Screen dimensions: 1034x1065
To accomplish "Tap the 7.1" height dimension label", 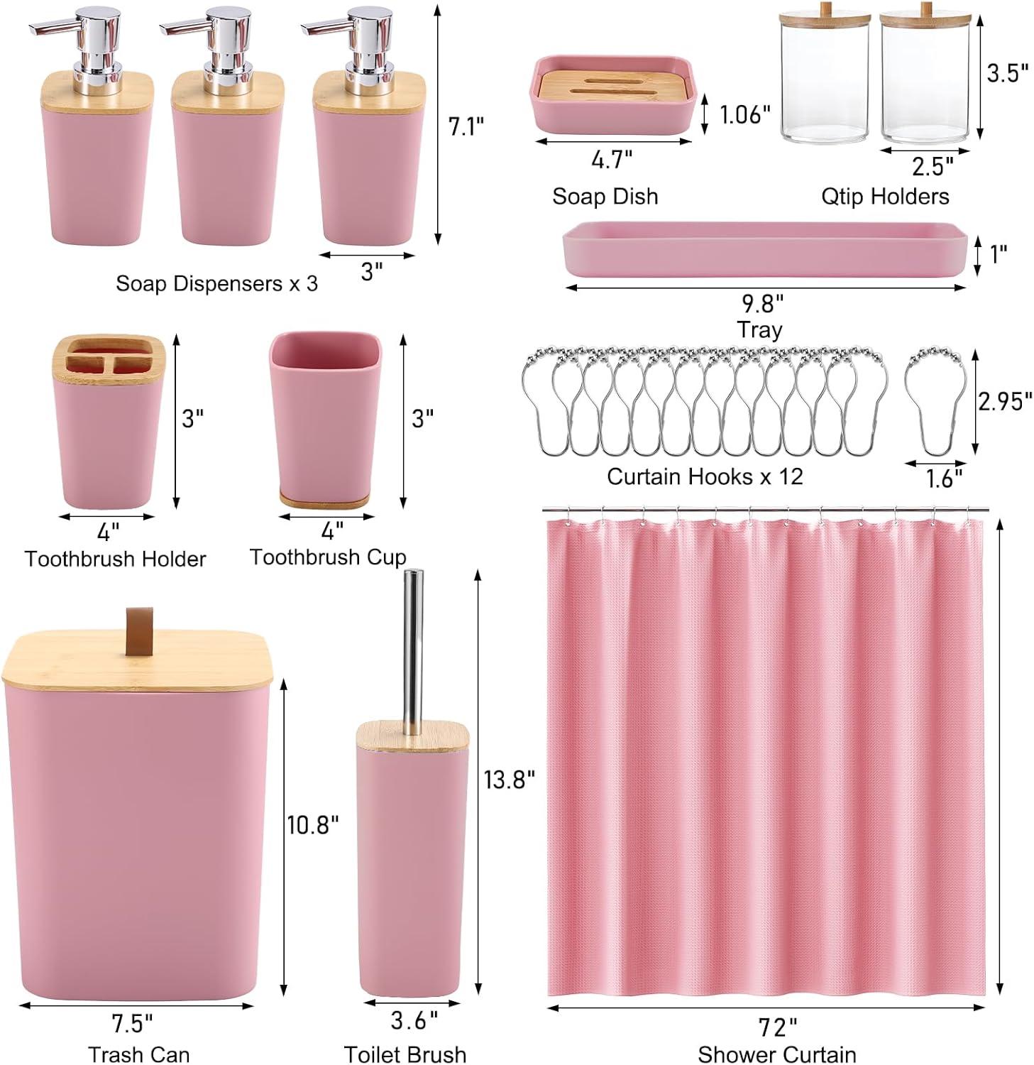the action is pyautogui.click(x=466, y=126).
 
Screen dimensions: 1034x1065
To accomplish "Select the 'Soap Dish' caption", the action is pyautogui.click(x=605, y=196).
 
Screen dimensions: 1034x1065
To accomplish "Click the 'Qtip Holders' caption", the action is pyautogui.click(x=885, y=196).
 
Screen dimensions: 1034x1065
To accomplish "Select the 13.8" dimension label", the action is pyautogui.click(x=509, y=780).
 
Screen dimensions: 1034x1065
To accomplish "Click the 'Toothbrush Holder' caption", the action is pyautogui.click(x=115, y=559).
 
